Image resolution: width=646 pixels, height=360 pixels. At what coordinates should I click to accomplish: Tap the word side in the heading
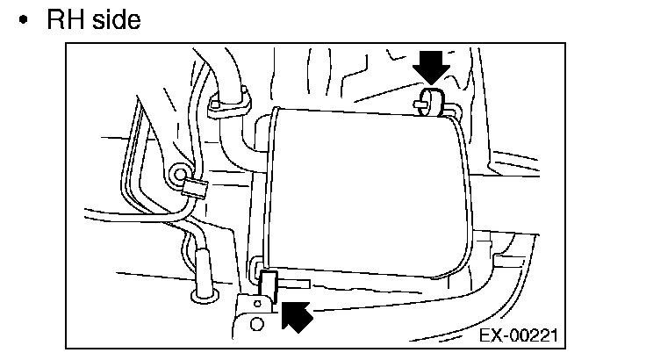click(x=113, y=19)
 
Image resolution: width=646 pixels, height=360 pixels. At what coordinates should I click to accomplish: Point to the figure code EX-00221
click(x=517, y=336)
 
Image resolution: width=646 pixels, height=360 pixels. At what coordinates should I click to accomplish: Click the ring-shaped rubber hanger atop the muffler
click(x=432, y=99)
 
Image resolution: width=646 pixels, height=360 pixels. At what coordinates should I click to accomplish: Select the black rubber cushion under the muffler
click(x=269, y=285)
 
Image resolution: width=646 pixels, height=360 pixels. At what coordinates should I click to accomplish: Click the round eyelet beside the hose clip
click(x=180, y=176)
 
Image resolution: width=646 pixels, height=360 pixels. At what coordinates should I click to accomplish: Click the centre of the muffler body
click(x=369, y=189)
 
